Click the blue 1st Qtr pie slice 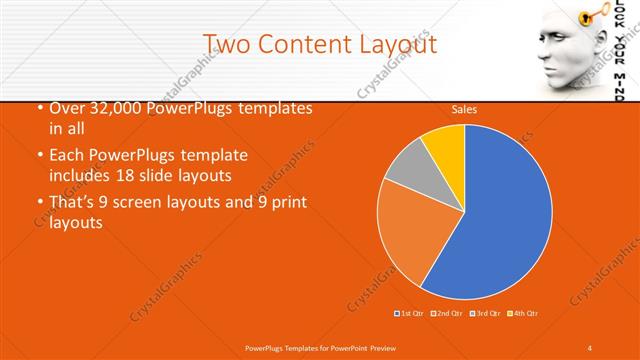coord(500,220)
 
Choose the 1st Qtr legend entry coord(409,314)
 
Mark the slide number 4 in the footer coord(591,346)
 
